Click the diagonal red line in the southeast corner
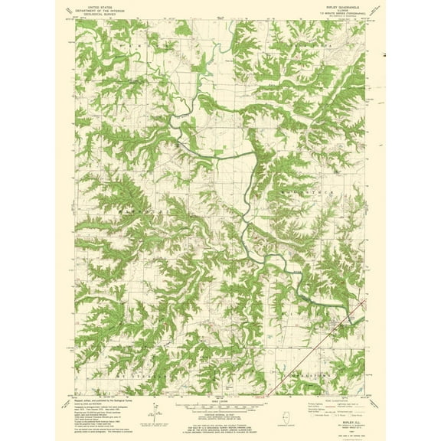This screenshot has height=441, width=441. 306,376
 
